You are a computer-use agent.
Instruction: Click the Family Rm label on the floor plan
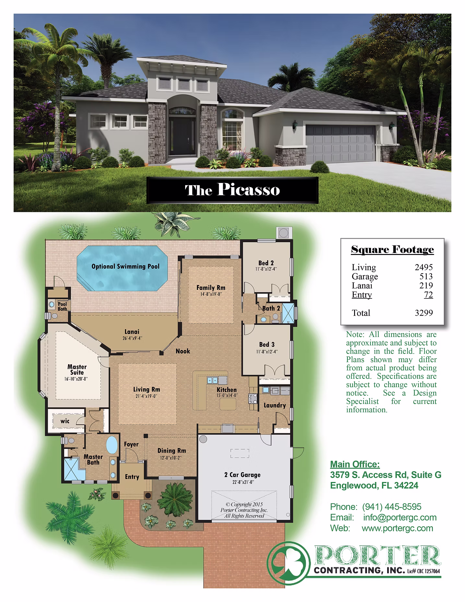click(x=211, y=287)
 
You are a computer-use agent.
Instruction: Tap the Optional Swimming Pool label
click(x=125, y=267)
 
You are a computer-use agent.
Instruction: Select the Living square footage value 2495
click(x=424, y=267)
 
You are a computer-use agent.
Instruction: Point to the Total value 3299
click(x=424, y=313)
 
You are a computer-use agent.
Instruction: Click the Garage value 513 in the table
click(x=426, y=276)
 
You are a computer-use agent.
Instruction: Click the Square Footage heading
click(x=392, y=250)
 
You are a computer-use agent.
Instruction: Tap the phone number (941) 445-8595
click(x=392, y=507)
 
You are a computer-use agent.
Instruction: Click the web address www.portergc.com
click(x=398, y=528)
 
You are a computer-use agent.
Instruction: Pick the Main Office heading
click(x=355, y=464)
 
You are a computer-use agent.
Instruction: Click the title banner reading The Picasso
click(x=232, y=190)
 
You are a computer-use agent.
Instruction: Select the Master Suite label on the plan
click(x=77, y=370)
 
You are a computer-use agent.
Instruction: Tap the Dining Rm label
click(x=172, y=451)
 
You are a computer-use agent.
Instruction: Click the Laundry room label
click(x=275, y=405)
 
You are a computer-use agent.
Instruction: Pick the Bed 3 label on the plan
click(x=267, y=344)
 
